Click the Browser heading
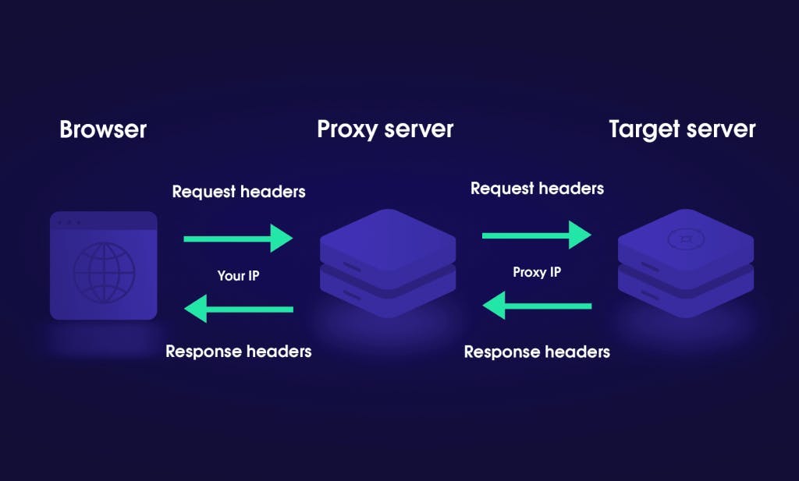pos(103,129)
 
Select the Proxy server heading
pos(385,129)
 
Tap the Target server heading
pos(682,129)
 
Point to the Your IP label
pos(238,275)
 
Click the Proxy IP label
pos(537,272)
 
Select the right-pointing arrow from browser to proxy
pos(238,239)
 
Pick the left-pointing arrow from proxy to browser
pos(238,309)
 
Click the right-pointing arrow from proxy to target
pos(537,235)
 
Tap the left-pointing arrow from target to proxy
pos(537,306)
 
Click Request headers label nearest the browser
pos(238,192)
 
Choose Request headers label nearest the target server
pos(537,189)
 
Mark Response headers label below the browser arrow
pos(238,352)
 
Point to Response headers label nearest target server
pos(537,352)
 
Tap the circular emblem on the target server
pos(684,238)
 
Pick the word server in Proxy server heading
pos(417,129)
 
